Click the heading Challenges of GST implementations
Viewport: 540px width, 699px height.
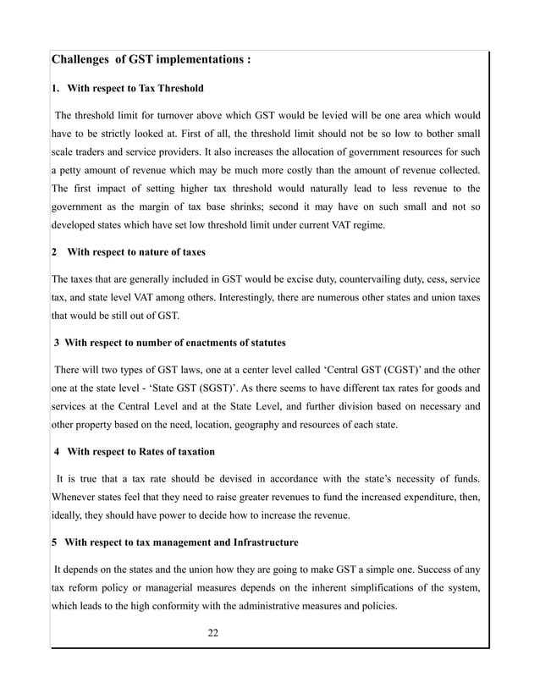pyautogui.click(x=151, y=60)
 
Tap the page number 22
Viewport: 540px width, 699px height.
pyautogui.click(x=213, y=632)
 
